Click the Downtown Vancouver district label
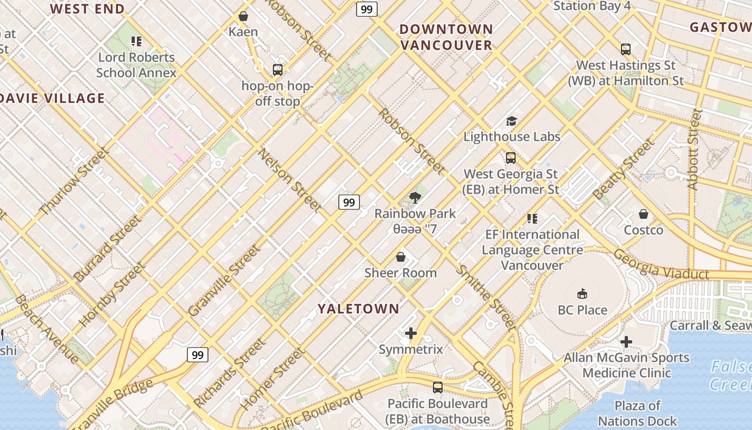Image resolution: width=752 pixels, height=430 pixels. coord(446,37)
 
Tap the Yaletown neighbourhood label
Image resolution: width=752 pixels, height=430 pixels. coord(358,309)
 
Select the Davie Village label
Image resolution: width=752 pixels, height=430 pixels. coord(53,98)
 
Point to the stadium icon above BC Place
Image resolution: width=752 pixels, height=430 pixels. coord(582,293)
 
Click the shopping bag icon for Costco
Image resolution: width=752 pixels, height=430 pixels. coord(643,214)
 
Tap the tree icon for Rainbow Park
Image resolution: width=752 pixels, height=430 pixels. coord(414,198)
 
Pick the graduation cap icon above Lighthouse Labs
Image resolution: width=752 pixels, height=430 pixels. coord(511,121)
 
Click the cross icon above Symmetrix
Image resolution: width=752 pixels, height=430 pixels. coord(411,333)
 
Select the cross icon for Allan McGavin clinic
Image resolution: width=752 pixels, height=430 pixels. coord(626,342)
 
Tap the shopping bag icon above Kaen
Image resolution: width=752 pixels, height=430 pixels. coord(243,16)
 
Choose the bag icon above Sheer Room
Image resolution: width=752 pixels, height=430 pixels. coord(400,257)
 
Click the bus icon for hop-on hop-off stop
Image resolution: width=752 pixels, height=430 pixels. coord(277,69)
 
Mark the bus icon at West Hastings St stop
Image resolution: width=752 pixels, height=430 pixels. coord(625,49)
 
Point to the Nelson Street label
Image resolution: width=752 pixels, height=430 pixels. coord(290,180)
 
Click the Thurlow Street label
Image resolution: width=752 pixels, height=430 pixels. coord(74,182)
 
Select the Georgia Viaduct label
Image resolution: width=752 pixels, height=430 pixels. coord(661,264)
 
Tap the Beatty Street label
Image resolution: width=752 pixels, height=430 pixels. coord(624,169)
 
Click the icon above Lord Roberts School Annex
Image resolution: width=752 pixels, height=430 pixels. coord(136,41)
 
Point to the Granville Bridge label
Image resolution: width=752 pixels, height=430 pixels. coord(112,404)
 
